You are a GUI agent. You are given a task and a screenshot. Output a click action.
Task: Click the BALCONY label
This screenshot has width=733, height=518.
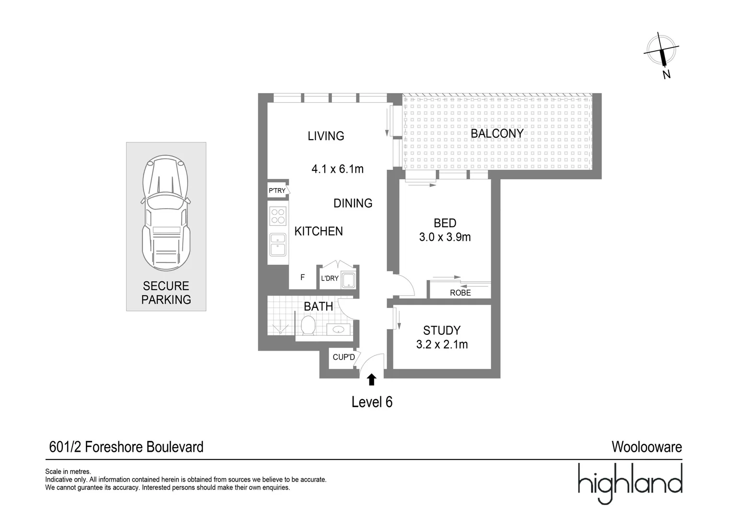pyautogui.click(x=497, y=133)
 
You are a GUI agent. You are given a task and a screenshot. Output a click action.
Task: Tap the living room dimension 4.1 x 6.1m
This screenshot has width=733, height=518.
pyautogui.click(x=337, y=169)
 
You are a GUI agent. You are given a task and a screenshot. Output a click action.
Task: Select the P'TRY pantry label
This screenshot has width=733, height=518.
pyautogui.click(x=277, y=190)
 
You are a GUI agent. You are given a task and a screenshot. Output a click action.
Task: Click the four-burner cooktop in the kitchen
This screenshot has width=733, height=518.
pyautogui.click(x=278, y=216)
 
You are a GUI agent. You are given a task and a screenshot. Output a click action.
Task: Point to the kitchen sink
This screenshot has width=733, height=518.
pyautogui.click(x=278, y=244)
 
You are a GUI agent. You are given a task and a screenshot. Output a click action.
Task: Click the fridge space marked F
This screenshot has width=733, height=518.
pyautogui.click(x=302, y=277)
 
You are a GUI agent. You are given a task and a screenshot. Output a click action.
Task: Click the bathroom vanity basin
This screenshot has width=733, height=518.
pyautogui.click(x=339, y=330)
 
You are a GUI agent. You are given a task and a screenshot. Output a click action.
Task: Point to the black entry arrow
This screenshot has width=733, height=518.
pyautogui.click(x=371, y=380)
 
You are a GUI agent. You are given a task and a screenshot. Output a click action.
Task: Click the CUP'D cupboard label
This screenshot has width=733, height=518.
pyautogui.click(x=343, y=357)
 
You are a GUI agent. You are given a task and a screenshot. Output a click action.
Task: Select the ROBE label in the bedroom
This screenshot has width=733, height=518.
pyautogui.click(x=460, y=293)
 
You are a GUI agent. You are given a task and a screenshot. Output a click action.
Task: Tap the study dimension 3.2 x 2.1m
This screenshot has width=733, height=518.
pyautogui.click(x=442, y=344)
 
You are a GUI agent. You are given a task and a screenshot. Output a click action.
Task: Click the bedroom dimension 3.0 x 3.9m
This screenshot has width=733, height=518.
pyautogui.click(x=445, y=237)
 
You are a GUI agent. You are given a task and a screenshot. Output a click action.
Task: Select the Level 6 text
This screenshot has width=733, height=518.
pyautogui.click(x=372, y=402)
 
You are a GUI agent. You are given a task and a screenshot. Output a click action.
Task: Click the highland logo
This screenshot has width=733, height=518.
pyautogui.click(x=629, y=482)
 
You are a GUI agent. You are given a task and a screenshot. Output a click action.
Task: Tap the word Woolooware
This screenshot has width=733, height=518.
pyautogui.click(x=646, y=447)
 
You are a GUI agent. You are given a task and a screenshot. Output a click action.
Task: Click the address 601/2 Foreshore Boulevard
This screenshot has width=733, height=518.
pyautogui.click(x=127, y=447)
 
